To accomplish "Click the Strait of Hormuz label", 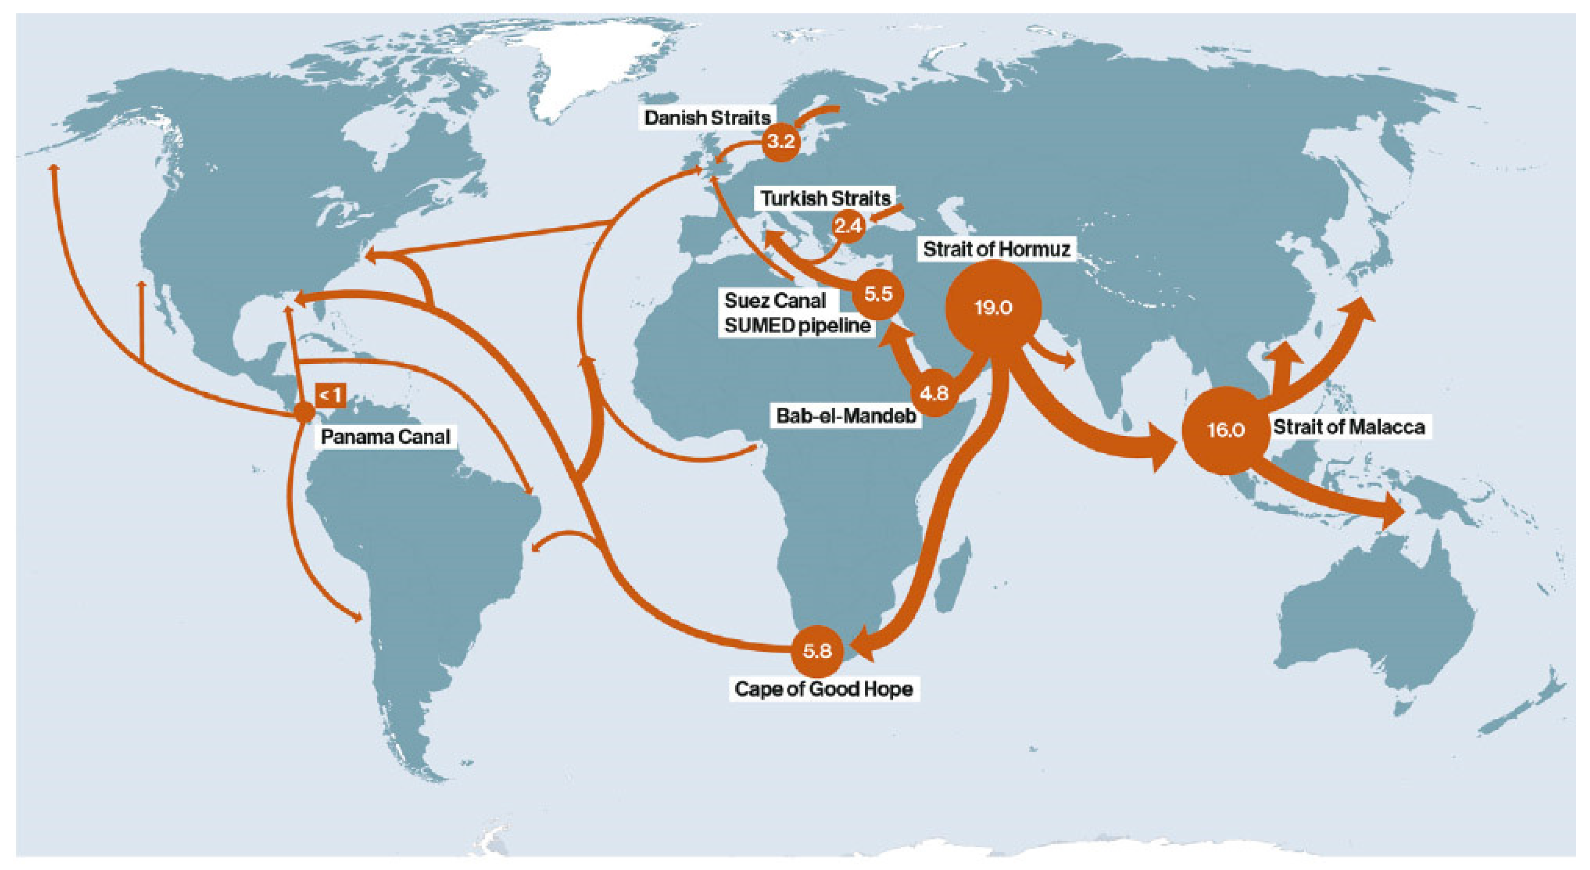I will pyautogui.click(x=996, y=249).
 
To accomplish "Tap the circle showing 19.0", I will pyautogui.click(x=993, y=307).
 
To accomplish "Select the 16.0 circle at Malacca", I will pyautogui.click(x=1225, y=429).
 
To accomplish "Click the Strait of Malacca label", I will pyautogui.click(x=1349, y=427).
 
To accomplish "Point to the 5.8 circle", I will pyautogui.click(x=817, y=650).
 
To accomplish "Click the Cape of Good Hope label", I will pyautogui.click(x=823, y=688).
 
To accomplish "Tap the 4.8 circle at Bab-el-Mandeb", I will pyautogui.click(x=933, y=393).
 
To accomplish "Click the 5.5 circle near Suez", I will pyautogui.click(x=878, y=293).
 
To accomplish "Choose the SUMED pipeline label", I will pyautogui.click(x=797, y=325).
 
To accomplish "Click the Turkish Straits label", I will pyautogui.click(x=825, y=198).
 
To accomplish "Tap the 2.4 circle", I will pyautogui.click(x=848, y=226).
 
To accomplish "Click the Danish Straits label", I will pyautogui.click(x=708, y=118).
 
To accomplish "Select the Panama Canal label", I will pyautogui.click(x=385, y=437).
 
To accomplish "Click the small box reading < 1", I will pyautogui.click(x=330, y=395).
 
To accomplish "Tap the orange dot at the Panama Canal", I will pyautogui.click(x=304, y=412).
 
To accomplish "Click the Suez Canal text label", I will pyautogui.click(x=775, y=301).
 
